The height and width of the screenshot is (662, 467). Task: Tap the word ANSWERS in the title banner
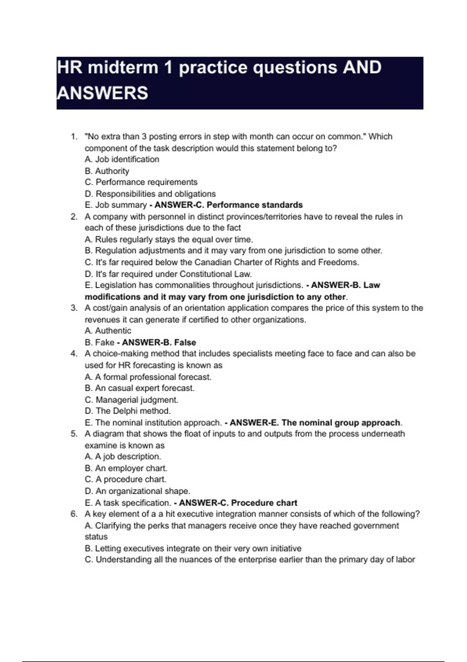102,93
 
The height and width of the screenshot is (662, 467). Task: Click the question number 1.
74,137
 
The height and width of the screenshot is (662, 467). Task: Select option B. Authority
107,171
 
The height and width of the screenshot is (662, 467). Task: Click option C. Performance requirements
141,182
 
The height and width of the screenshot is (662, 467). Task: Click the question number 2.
74,217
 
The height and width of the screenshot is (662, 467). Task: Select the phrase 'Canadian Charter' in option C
225,262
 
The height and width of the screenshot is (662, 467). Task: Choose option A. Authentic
108,331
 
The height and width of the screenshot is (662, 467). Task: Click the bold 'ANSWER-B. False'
159,343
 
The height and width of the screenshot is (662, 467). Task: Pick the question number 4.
74,354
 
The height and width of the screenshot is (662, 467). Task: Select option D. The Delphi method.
128,411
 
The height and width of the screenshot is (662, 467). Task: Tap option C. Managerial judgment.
132,400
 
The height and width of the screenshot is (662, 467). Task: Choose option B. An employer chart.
126,468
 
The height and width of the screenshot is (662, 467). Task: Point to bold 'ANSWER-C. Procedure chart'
238,503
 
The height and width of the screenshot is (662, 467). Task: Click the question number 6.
74,514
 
